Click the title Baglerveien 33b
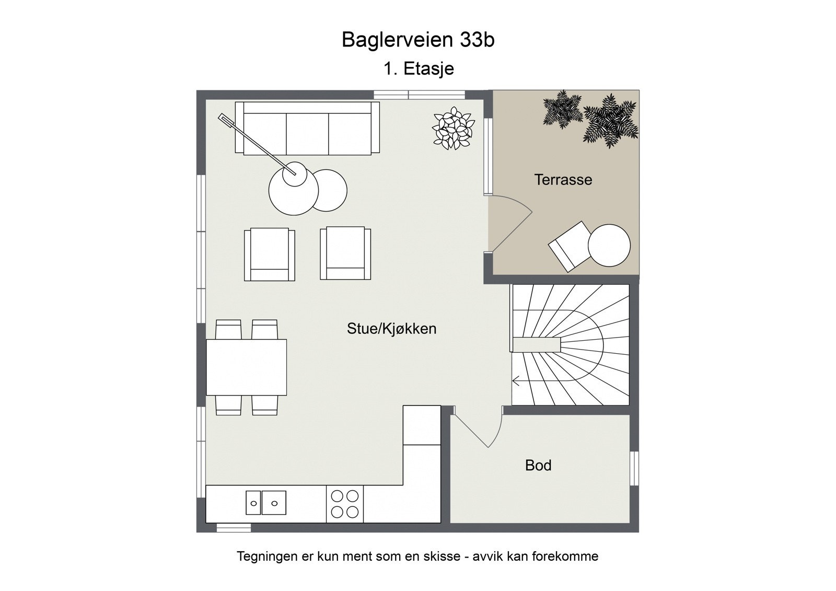tap(418, 40)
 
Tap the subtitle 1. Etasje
tap(418, 68)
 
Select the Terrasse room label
tap(563, 180)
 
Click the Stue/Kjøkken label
tap(391, 329)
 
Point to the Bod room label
tap(538, 465)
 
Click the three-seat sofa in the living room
tap(307, 129)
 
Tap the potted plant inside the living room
tap(453, 128)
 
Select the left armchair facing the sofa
tap(269, 253)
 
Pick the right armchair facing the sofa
tap(345, 253)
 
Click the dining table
tap(246, 367)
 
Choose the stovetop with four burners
tap(345, 504)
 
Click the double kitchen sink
tap(266, 503)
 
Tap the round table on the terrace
tap(609, 245)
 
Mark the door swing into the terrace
tap(509, 222)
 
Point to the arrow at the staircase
tap(517, 382)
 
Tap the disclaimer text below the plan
tap(417, 556)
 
